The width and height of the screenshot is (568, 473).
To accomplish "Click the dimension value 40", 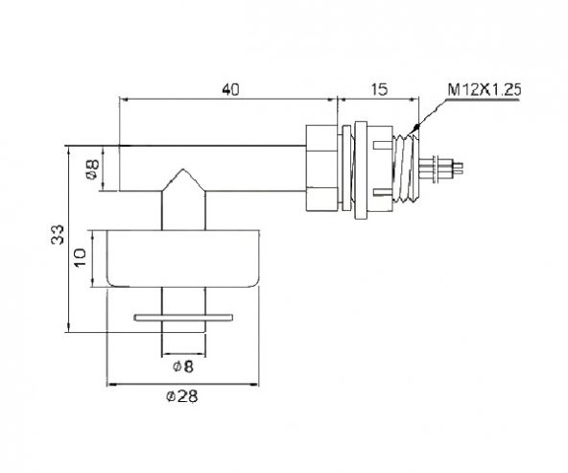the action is coord(230,89).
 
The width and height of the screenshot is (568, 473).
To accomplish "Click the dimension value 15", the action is coord(379,89).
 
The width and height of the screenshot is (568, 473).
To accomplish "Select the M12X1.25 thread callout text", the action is coord(485,90).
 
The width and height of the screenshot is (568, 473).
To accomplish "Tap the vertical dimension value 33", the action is coord(58,235).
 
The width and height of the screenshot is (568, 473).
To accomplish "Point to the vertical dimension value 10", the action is coord(81,257).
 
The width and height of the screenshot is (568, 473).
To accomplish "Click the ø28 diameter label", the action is coord(182,396).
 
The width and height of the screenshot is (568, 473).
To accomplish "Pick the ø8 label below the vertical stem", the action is coord(183,367).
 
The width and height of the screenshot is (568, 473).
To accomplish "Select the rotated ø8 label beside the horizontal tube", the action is coord(92,169).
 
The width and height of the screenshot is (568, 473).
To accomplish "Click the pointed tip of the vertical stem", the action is coord(183,169).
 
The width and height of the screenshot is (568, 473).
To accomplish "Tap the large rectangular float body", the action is coord(183,259).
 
